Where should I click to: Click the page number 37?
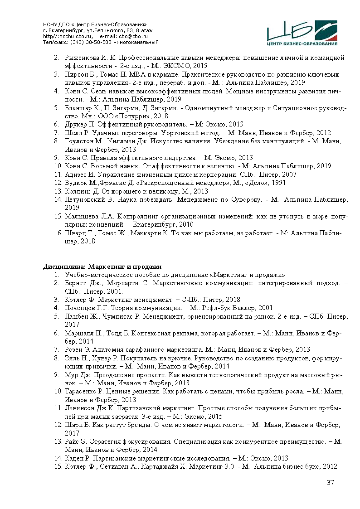(x=331, y=483)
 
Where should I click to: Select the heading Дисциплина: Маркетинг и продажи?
(x=102, y=266)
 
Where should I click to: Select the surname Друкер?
(x=76, y=124)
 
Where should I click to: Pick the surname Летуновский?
(x=86, y=199)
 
